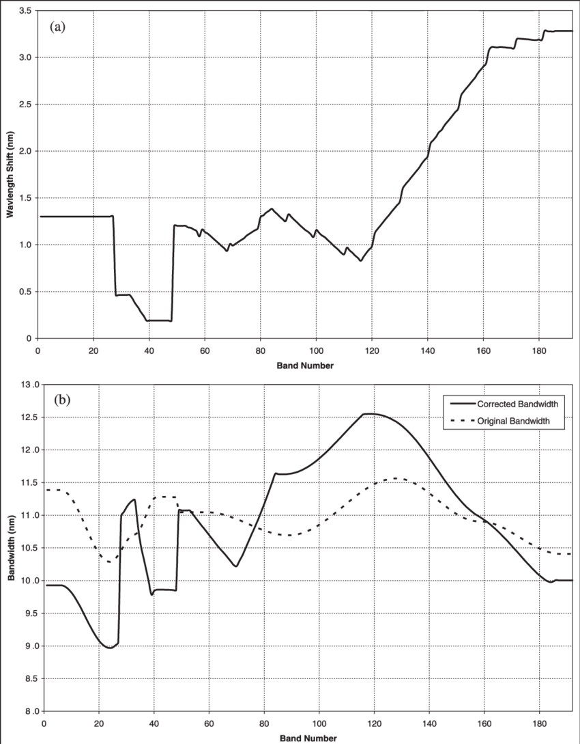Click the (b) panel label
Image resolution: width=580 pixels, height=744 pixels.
point(62,400)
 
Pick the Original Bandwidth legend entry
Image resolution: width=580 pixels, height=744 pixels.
point(499,422)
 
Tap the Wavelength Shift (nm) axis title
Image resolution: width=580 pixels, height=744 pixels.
point(10,174)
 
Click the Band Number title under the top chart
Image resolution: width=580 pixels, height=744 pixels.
point(305,366)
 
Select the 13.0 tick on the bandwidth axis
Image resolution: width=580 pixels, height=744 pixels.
point(30,385)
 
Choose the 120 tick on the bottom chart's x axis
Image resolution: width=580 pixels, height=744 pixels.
point(374,724)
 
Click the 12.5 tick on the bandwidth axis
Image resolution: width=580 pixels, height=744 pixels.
point(30,417)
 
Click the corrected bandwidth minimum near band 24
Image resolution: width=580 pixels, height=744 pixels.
point(109,648)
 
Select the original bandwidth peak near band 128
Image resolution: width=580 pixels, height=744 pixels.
point(396,478)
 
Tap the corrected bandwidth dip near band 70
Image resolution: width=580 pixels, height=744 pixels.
point(235,566)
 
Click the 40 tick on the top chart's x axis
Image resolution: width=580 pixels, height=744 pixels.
point(149,349)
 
